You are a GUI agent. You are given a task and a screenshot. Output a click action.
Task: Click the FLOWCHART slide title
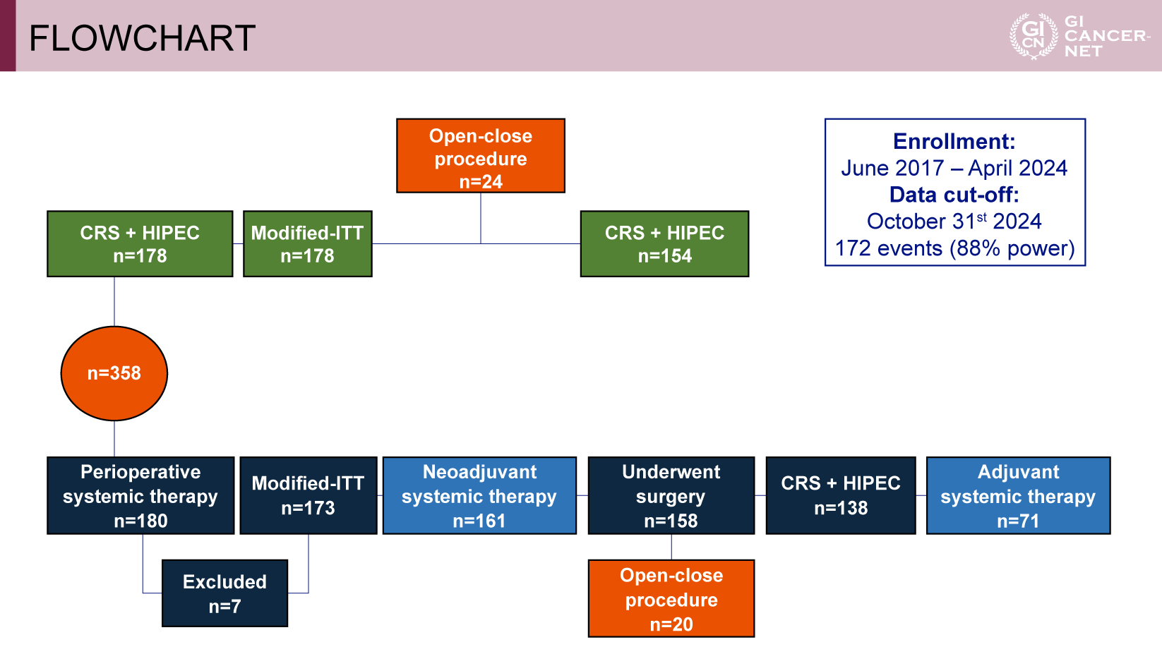pos(142,38)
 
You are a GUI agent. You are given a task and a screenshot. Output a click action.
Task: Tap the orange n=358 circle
pos(114,373)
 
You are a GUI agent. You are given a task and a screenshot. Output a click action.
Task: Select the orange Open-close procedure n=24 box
pos(480,156)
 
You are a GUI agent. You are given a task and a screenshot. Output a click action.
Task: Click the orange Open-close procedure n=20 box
pos(671,598)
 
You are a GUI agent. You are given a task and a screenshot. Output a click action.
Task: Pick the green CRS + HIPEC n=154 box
pos(664,243)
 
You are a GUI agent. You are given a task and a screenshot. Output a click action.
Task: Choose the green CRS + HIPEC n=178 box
pos(140,243)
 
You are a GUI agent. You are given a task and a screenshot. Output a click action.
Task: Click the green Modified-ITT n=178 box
pos(308,243)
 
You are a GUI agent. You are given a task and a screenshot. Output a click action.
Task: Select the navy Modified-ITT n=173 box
pos(308,495)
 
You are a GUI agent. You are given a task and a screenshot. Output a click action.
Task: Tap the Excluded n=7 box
pos(224,593)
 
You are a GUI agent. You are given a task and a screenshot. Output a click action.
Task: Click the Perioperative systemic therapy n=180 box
pos(140,495)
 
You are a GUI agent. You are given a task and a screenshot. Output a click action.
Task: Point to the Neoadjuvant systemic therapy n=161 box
pos(479,495)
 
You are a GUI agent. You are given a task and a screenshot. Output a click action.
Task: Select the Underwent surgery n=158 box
pos(671,495)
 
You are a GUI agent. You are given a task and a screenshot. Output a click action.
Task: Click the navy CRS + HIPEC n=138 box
pos(841,495)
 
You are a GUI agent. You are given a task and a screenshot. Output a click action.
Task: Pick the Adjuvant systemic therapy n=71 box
pos(1018,495)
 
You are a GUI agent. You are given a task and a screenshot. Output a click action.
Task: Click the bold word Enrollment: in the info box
pos(954,142)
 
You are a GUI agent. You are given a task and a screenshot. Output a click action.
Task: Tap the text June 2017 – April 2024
pos(954,168)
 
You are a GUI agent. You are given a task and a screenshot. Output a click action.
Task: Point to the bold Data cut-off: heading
pos(954,195)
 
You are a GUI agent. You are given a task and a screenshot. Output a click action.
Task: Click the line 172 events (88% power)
pos(954,248)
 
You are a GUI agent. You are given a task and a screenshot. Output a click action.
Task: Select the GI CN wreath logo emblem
pos(1034,36)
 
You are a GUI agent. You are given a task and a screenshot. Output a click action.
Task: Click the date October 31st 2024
pos(954,222)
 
